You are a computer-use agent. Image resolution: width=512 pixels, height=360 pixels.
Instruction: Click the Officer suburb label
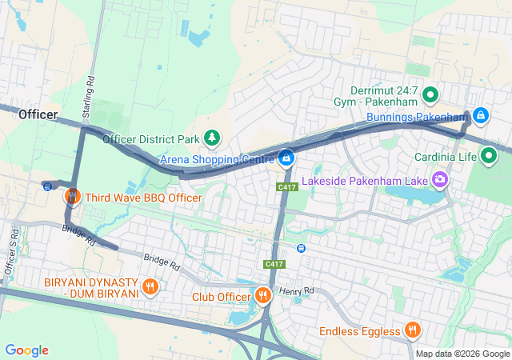coord(38,114)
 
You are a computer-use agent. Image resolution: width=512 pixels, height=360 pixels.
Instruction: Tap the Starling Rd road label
coord(90,93)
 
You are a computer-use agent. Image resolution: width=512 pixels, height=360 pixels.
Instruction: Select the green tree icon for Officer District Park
coord(212,138)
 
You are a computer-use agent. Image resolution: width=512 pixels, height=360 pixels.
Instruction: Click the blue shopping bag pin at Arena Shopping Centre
coord(286,158)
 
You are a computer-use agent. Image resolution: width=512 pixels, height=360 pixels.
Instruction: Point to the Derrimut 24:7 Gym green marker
coord(430,96)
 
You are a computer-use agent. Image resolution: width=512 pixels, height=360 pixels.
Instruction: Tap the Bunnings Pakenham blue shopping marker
coord(479,117)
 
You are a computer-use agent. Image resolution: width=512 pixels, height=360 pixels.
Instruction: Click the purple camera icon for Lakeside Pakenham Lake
coord(438,179)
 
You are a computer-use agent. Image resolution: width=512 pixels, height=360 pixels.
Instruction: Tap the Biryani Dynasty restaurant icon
coord(150,286)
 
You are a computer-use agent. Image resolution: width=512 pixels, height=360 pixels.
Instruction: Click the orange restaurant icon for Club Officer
coord(262,296)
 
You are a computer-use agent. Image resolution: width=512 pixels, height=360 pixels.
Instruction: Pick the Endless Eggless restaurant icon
coord(412,330)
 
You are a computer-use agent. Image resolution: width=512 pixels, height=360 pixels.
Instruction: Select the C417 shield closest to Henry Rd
coord(273,264)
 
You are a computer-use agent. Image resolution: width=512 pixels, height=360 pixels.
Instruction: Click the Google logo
coord(27,350)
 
